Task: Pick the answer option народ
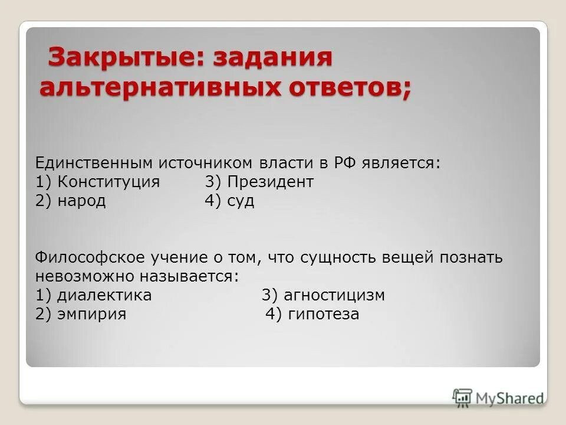tap(81, 201)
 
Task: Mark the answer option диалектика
tap(104, 295)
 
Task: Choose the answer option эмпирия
tap(92, 314)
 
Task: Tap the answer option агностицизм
tap(335, 295)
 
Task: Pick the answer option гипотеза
tap(324, 314)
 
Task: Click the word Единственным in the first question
tap(94, 163)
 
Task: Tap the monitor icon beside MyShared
tap(463, 397)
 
